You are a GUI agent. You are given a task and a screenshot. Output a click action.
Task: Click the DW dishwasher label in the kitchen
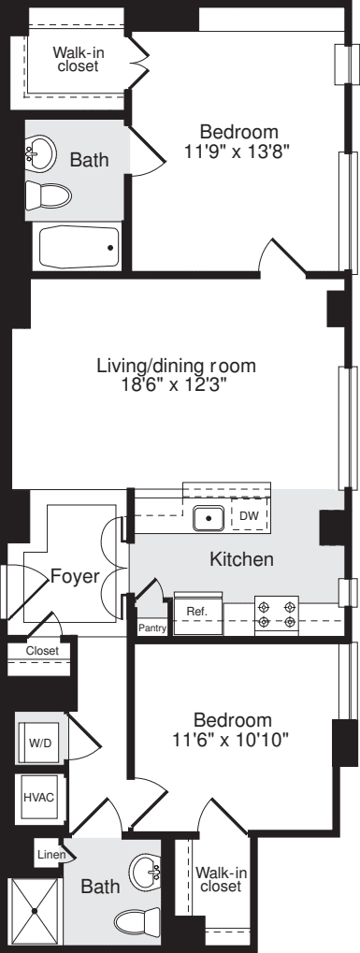(249, 515)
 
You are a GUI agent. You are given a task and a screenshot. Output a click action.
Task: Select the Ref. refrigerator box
(197, 611)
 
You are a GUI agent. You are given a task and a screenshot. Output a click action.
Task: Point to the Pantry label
(152, 628)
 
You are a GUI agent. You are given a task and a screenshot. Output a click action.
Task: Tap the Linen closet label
(49, 854)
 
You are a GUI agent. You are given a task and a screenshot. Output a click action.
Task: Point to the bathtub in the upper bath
(78, 246)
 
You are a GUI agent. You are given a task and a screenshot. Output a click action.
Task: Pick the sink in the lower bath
(146, 872)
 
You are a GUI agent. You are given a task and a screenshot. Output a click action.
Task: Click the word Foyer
(76, 576)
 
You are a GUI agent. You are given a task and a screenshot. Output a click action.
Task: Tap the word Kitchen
(240, 560)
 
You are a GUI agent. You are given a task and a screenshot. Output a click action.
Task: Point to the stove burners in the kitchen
(277, 614)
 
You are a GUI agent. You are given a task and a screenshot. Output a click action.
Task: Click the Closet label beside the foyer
(42, 651)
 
